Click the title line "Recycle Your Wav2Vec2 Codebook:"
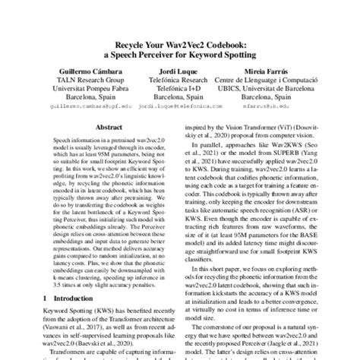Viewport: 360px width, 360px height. click(x=180, y=46)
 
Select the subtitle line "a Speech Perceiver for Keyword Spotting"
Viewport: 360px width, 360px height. click(x=180, y=56)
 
